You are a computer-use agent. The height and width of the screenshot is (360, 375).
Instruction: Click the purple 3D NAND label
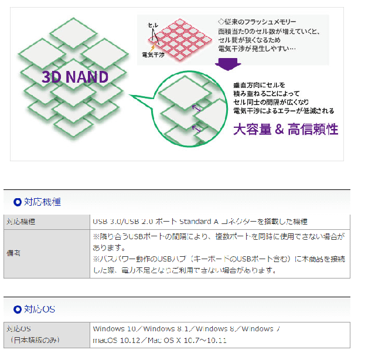tap(74, 76)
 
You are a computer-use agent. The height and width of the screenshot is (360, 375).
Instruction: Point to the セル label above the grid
tap(152, 27)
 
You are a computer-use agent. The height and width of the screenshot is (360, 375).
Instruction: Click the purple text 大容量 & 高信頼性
tap(285, 128)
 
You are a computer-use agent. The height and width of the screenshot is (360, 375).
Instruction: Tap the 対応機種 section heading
tap(42, 202)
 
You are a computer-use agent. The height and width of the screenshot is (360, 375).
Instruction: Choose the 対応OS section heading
tap(39, 309)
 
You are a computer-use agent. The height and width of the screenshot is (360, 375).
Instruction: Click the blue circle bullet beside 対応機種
tap(17, 202)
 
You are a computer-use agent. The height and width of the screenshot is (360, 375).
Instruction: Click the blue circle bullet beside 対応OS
tap(17, 309)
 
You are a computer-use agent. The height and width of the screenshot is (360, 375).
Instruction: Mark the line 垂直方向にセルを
tap(258, 84)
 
